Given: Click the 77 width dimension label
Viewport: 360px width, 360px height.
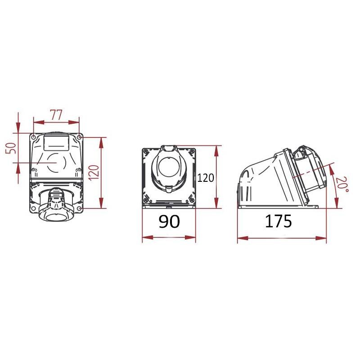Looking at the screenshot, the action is pyautogui.click(x=57, y=115).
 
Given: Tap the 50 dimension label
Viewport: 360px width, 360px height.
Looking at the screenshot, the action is pyautogui.click(x=11, y=148).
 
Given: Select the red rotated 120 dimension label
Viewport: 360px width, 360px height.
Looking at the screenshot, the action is pyautogui.click(x=94, y=173).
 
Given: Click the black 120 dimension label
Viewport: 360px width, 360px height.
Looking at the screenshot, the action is pyautogui.click(x=206, y=178).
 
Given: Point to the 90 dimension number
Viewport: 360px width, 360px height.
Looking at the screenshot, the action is pyautogui.click(x=169, y=221).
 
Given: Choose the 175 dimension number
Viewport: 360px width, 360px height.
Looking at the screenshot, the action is pyautogui.click(x=278, y=221).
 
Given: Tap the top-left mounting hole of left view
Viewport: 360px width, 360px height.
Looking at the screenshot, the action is pyautogui.click(x=33, y=137).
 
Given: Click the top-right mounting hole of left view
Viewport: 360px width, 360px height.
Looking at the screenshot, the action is pyautogui.click(x=79, y=137).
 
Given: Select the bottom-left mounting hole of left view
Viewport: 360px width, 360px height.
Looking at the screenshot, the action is pyautogui.click(x=33, y=208).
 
